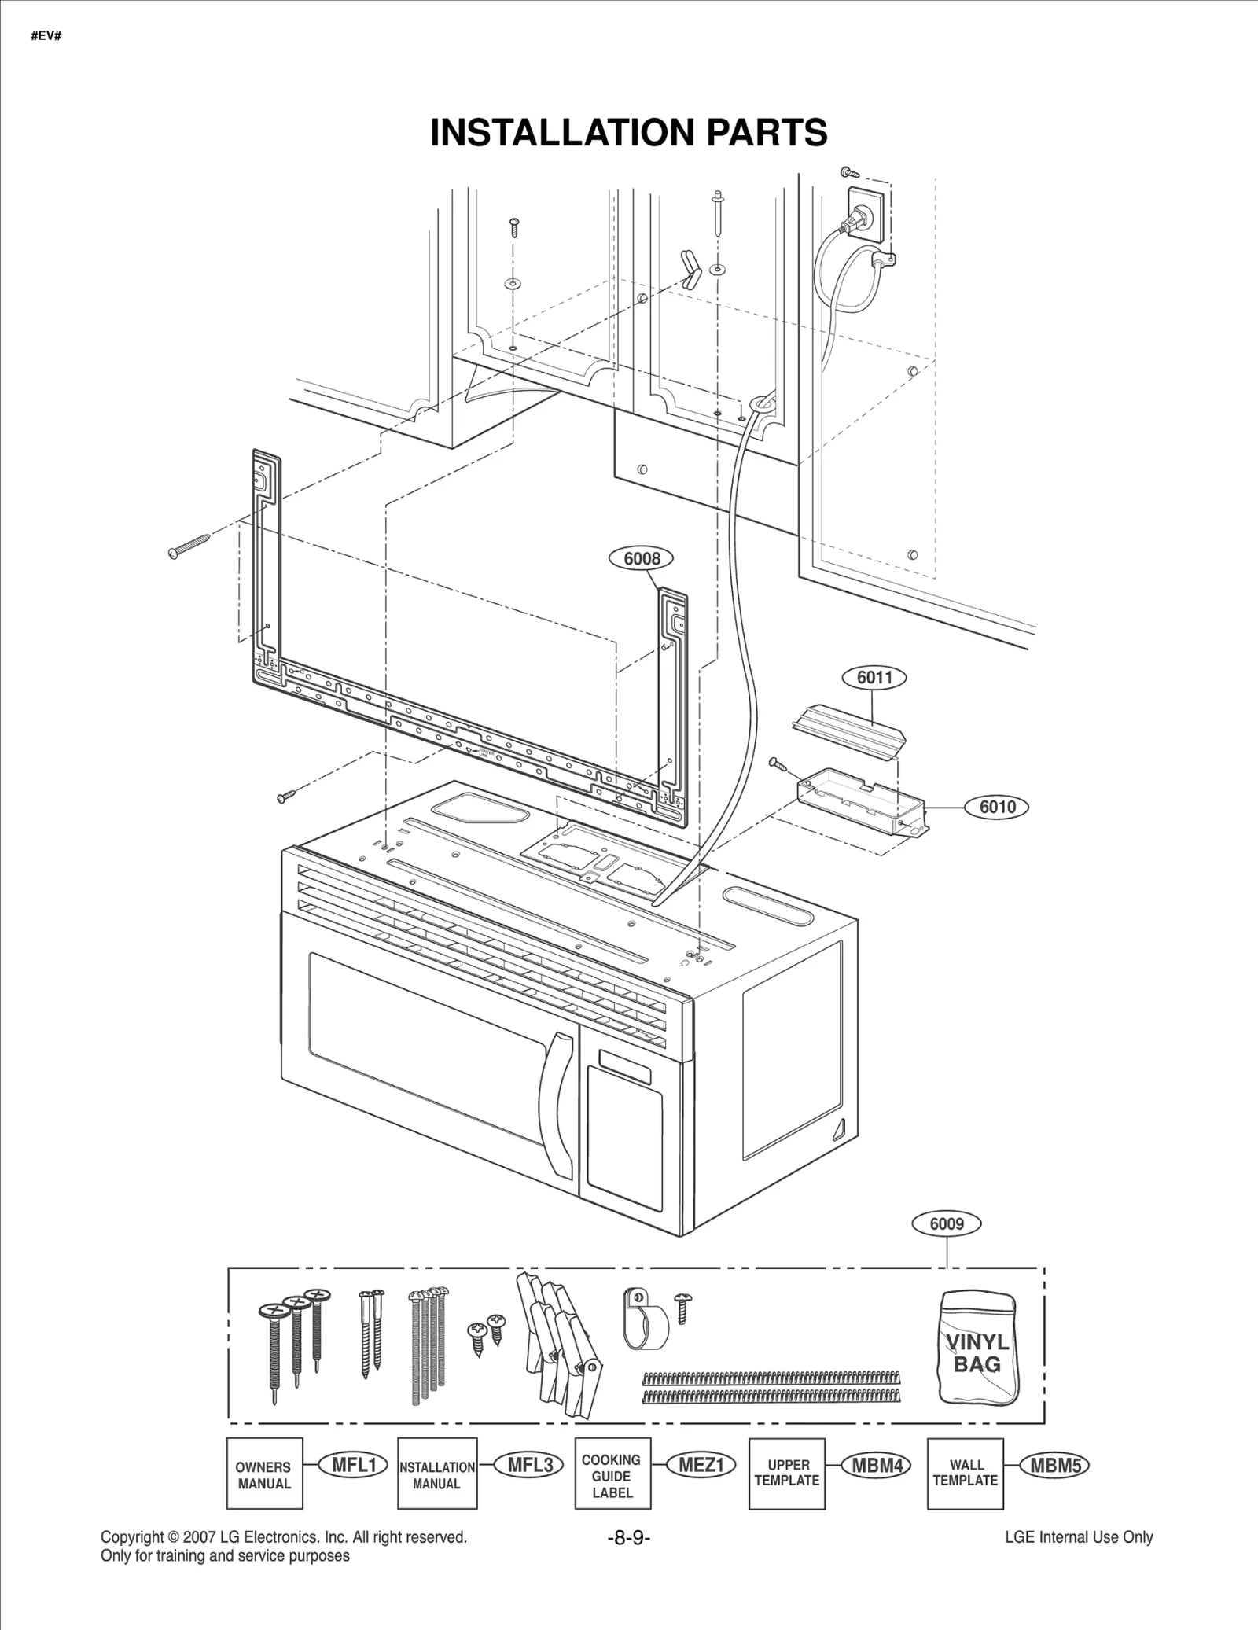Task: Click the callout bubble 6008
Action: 642,558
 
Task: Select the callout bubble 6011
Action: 874,677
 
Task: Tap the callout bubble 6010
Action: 997,807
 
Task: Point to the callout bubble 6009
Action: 947,1224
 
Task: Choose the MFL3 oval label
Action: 531,1465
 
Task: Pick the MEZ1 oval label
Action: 701,1465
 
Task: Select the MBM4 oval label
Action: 877,1465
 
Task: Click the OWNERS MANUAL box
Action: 264,1474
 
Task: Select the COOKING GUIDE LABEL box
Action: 612,1474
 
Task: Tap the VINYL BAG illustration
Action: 977,1348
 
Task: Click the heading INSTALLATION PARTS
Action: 629,132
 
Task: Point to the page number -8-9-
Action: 629,1538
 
